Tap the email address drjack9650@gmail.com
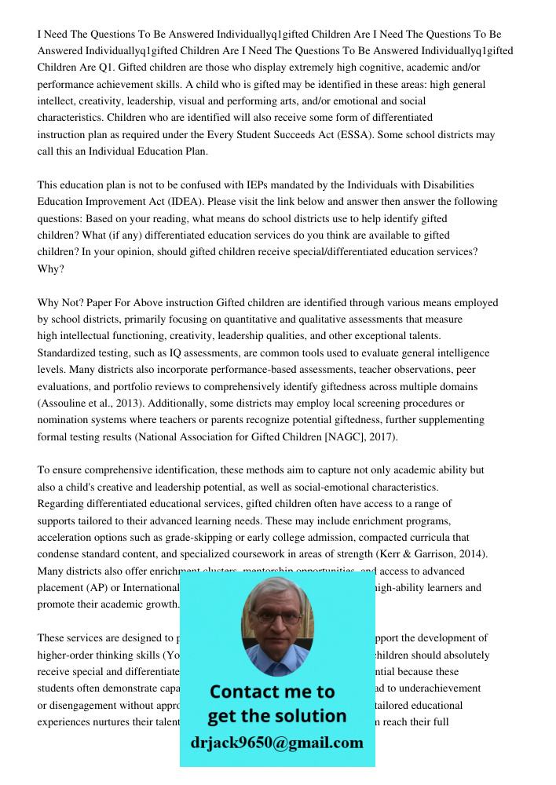point(276,743)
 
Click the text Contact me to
point(273,692)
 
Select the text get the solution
point(276,716)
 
